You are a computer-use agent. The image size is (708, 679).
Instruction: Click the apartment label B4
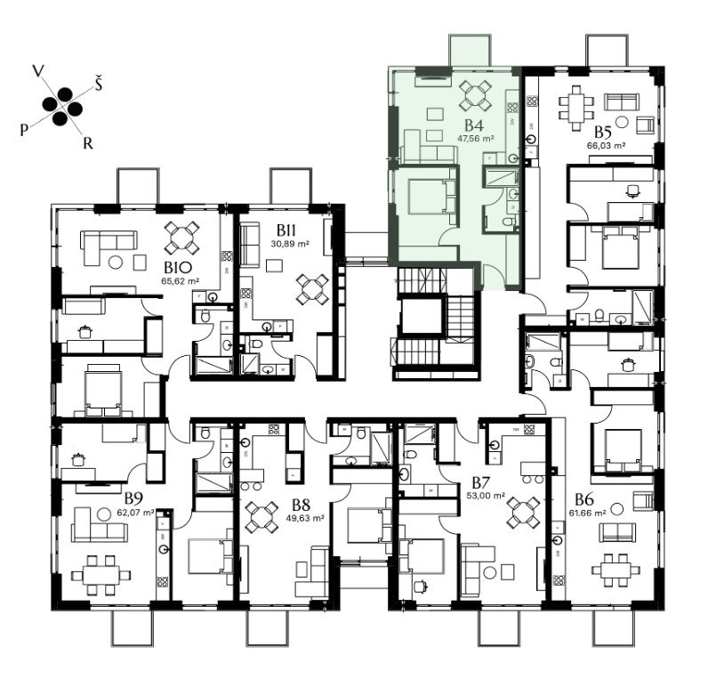tap(475, 125)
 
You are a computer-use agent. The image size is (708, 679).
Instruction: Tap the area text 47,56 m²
tap(475, 138)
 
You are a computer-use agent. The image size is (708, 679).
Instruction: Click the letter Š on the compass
tap(98, 84)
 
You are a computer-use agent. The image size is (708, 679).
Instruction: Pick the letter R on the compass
tap(87, 143)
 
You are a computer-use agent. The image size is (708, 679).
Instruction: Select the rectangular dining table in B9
tap(101, 575)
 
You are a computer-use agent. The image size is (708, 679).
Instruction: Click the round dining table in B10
tap(181, 238)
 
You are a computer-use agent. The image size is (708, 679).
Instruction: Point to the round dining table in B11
tap(312, 289)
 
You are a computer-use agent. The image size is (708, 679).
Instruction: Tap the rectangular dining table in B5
tap(575, 108)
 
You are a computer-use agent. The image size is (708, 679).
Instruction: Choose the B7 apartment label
tap(481, 482)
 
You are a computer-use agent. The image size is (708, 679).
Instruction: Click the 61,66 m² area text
tap(588, 513)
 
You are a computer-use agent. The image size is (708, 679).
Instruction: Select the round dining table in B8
tap(261, 516)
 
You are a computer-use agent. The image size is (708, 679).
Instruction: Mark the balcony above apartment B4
tap(471, 50)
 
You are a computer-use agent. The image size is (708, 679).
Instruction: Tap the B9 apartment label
tap(134, 498)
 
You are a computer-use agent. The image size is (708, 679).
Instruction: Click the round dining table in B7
tap(523, 513)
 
